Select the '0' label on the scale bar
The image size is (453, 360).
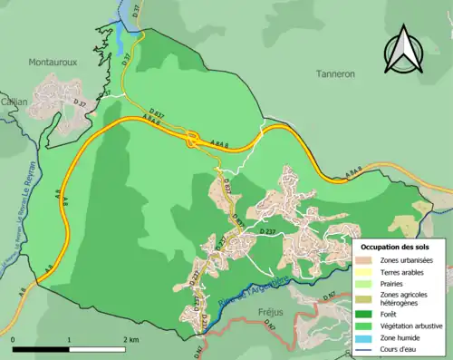pyautogui.click(x=14, y=340)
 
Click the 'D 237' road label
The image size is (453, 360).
pyautogui.click(x=268, y=233)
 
